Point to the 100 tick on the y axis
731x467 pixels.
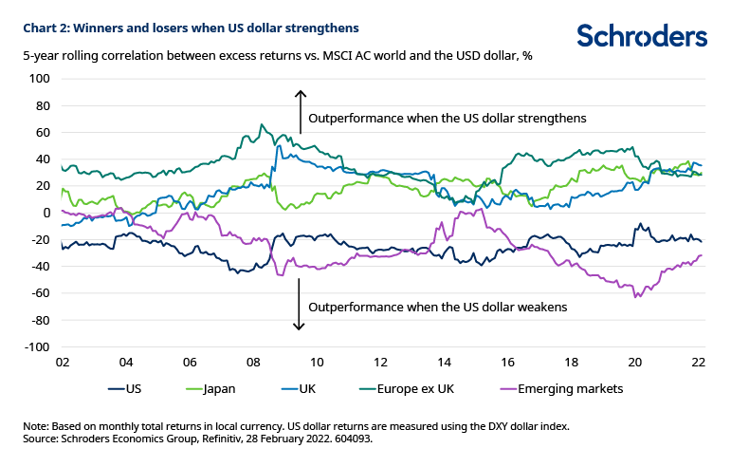pos(39,79)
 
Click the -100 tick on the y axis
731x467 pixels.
pos(37,347)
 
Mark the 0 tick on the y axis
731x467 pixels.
pos(45,213)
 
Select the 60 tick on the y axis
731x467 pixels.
pos(42,132)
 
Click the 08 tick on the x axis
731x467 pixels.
pos(254,363)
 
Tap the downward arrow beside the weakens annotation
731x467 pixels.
pos(300,309)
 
